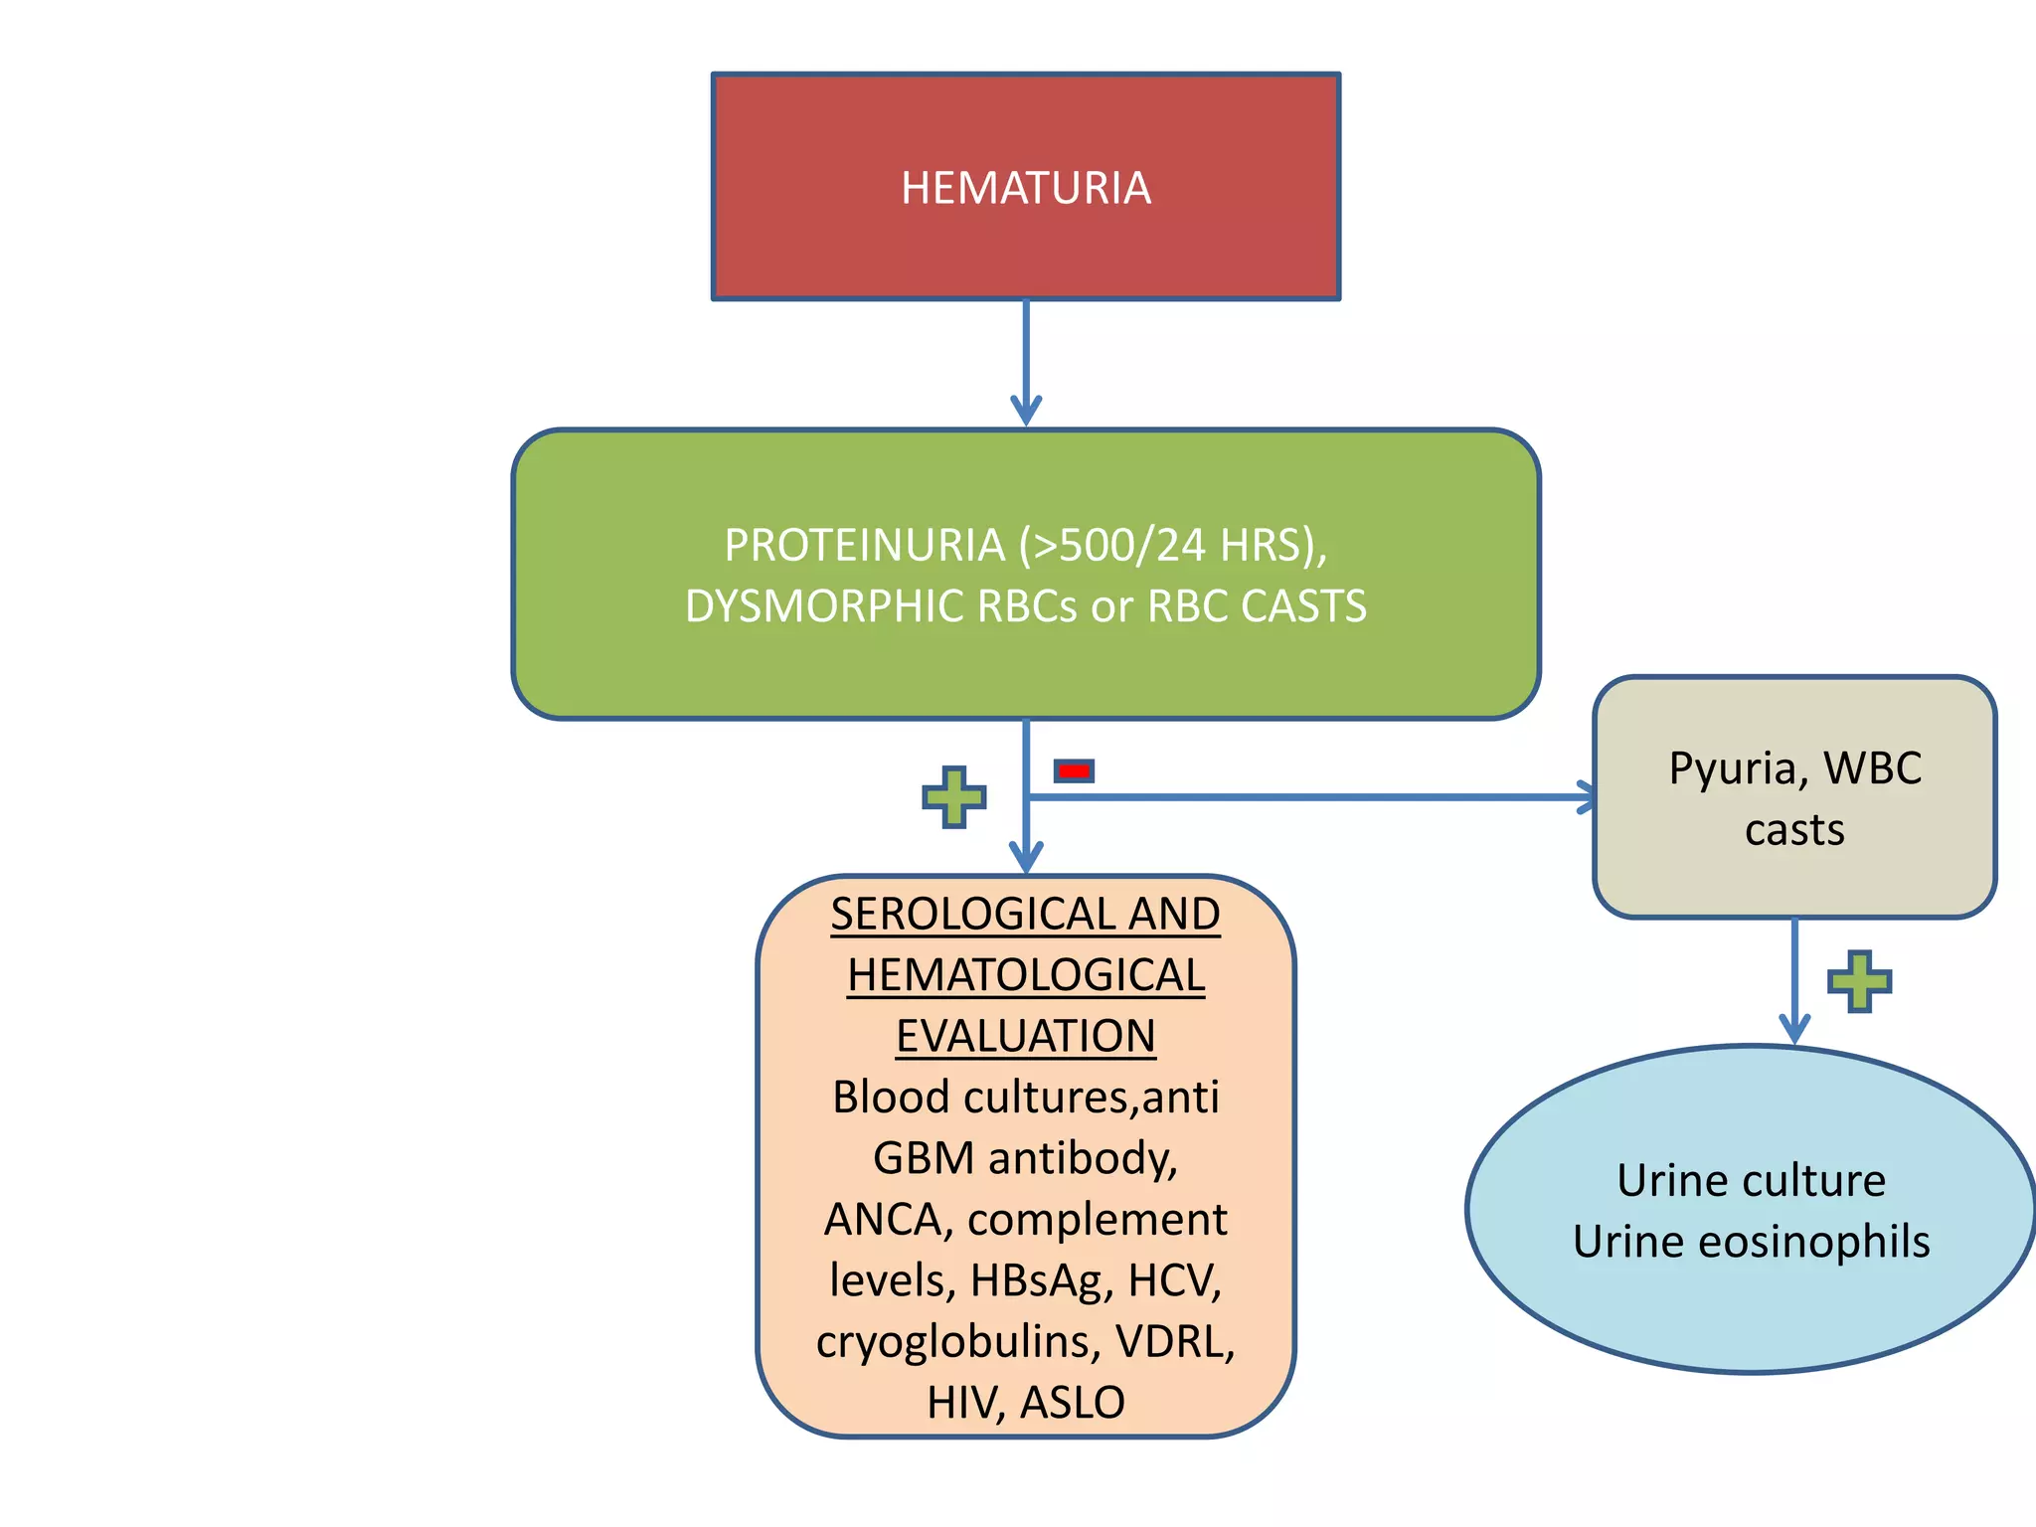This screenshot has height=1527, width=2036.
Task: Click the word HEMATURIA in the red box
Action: [1025, 188]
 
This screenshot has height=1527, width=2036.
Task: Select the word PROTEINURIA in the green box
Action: [864, 546]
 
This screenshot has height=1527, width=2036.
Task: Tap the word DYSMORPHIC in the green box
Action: [824, 606]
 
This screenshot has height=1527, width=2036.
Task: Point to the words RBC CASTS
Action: [1257, 606]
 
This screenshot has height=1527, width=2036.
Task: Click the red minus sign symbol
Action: [1074, 770]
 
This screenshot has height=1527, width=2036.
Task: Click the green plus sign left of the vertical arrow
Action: [953, 796]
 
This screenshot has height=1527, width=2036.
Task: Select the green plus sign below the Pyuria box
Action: [1859, 981]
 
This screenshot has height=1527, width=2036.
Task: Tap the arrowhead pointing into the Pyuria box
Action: [1586, 797]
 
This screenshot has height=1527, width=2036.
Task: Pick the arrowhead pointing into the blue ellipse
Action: [1794, 1028]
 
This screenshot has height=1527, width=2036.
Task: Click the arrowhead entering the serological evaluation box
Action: [1026, 858]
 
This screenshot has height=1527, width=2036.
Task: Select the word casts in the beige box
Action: [1794, 830]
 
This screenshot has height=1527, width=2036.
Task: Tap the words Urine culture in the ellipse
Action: [1751, 1181]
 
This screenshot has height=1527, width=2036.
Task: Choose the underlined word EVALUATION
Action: [1025, 1036]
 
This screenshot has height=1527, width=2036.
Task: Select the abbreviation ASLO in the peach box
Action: [1073, 1403]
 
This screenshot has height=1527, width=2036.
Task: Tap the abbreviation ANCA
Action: [883, 1220]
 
